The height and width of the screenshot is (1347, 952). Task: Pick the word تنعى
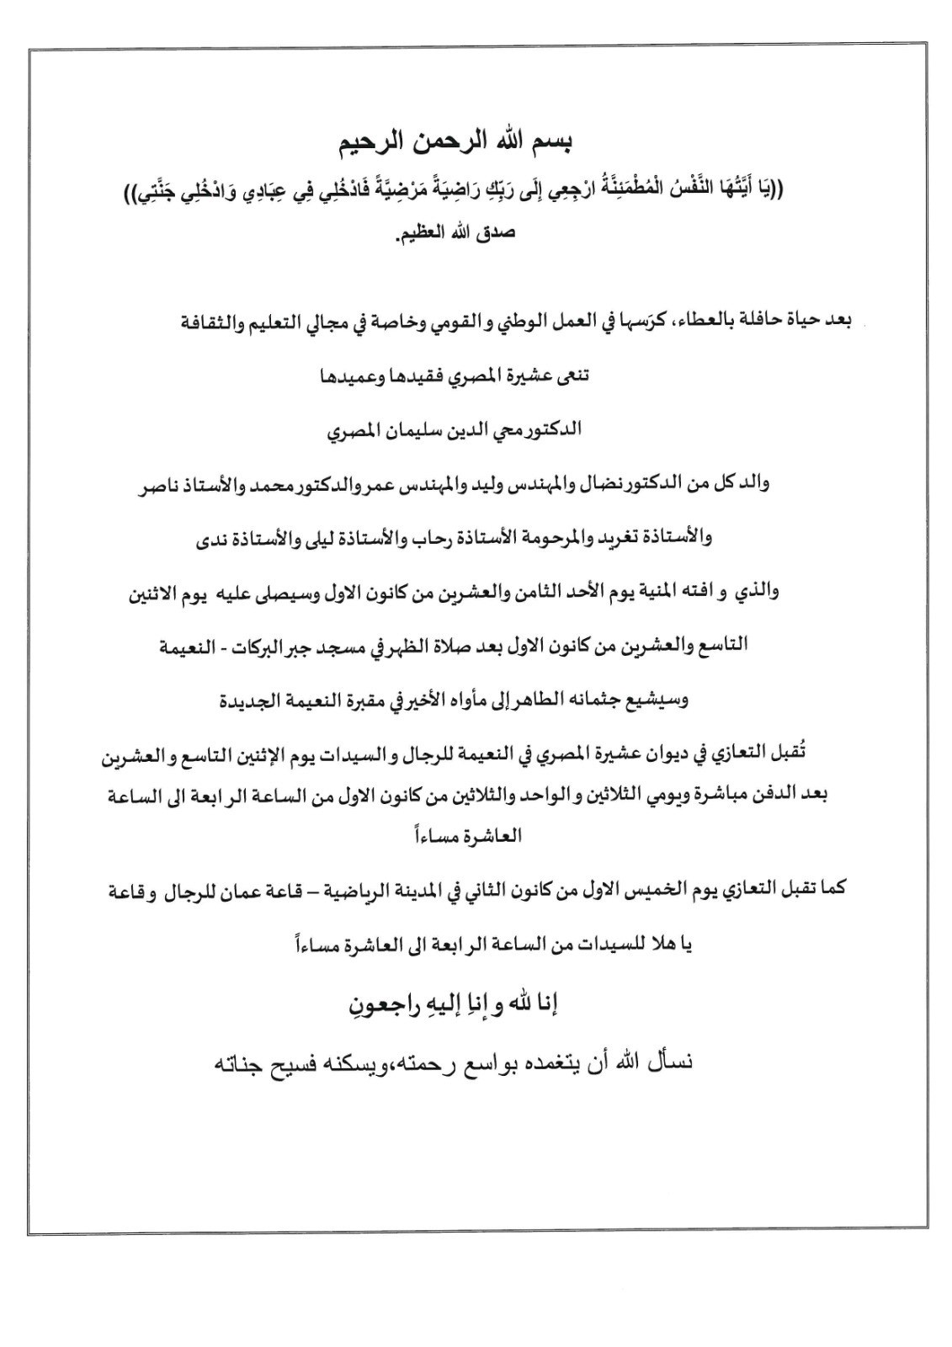coord(572,375)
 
